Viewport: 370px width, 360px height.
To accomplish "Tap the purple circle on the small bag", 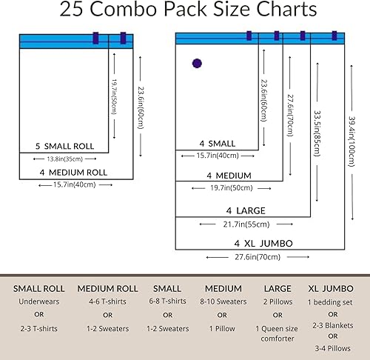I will [197, 64].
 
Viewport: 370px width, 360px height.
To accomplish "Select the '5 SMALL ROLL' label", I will [64, 146].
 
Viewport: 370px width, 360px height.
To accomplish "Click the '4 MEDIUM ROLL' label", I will [73, 172].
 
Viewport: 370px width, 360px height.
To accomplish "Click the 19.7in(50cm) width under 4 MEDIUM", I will [229, 189].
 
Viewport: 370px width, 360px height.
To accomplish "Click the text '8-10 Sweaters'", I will [222, 302].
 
